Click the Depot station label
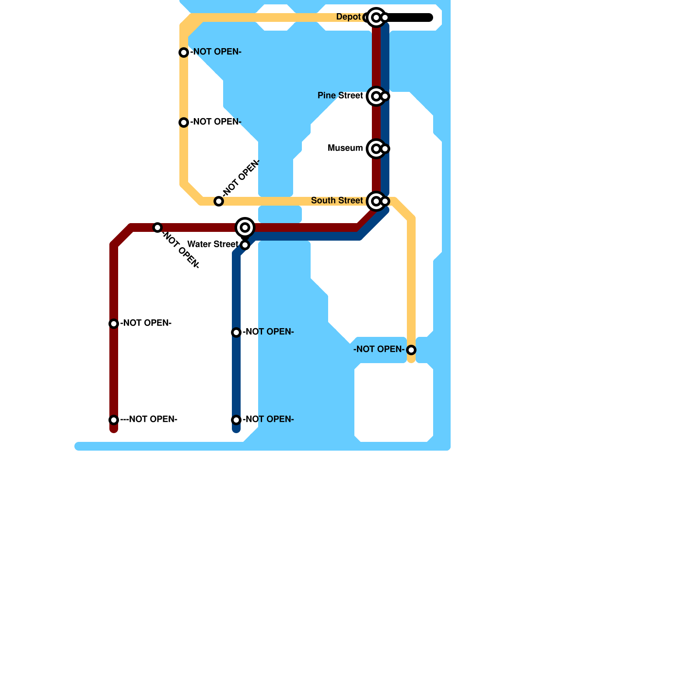348,17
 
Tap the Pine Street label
340,96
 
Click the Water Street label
212,245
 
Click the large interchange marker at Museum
376,149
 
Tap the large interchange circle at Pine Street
376,96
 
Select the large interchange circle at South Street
376,201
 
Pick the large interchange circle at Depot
376,17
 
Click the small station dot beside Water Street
245,245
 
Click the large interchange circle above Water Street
245,227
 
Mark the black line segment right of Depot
409,17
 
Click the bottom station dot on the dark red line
114,420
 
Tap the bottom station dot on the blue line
236,420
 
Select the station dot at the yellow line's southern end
411,350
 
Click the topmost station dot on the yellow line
184,52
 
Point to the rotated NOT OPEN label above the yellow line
241,178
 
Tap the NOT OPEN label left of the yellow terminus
378,350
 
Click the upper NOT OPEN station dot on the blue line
236,332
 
